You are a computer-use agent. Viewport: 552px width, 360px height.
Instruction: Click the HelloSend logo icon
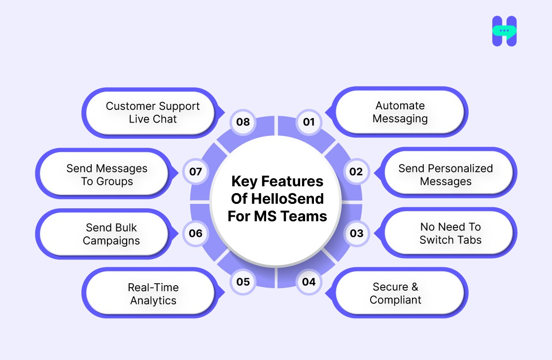tap(504, 31)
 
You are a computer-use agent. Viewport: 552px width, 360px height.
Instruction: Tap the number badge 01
tap(309, 122)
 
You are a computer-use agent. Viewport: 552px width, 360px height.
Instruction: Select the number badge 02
tap(356, 171)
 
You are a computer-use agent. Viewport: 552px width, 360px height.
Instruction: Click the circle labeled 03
tap(356, 233)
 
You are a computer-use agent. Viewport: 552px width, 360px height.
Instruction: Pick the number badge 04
tap(309, 282)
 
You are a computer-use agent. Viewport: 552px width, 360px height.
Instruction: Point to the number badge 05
tap(243, 282)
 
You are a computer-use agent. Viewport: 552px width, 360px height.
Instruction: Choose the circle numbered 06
tap(196, 233)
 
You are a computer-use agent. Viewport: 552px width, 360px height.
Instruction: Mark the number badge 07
tap(196, 171)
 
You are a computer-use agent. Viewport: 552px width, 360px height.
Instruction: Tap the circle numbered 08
tap(243, 122)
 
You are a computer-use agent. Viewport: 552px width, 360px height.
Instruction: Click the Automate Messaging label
tap(400, 112)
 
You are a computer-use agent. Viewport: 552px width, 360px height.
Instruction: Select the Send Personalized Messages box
tap(446, 175)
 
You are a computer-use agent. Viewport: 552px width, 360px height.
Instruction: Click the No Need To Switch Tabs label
tap(450, 233)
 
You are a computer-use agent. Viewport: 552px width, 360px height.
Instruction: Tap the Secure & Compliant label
tap(396, 294)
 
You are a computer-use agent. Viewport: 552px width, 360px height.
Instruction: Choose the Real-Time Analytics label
tap(153, 294)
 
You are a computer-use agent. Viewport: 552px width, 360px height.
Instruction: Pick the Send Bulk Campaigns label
tap(111, 234)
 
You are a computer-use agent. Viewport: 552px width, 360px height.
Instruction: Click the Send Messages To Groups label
tap(107, 175)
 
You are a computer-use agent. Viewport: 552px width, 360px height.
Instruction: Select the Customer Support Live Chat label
tap(153, 112)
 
